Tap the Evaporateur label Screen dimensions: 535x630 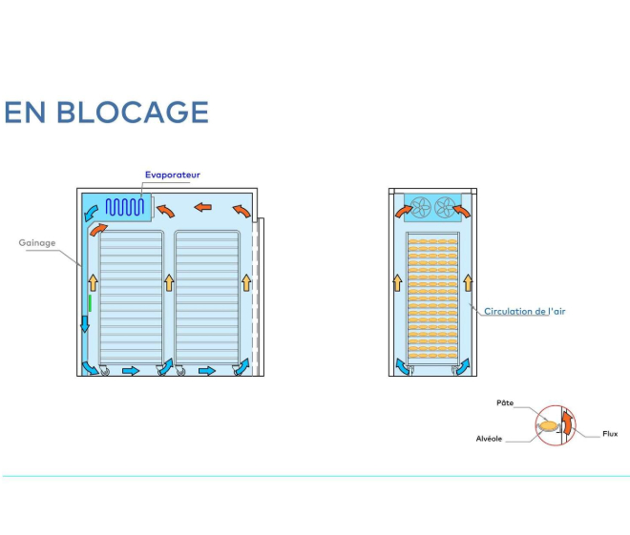click(x=173, y=175)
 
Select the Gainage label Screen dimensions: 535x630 click(x=37, y=242)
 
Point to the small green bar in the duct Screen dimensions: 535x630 click(x=89, y=303)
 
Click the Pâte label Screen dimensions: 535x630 click(x=505, y=403)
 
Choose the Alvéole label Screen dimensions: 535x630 click(x=490, y=439)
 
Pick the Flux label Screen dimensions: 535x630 click(x=610, y=434)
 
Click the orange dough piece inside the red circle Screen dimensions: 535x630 click(x=548, y=425)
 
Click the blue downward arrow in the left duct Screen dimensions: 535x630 click(x=85, y=323)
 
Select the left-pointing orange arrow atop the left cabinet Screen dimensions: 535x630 click(x=202, y=205)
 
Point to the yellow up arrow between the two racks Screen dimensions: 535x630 click(x=169, y=281)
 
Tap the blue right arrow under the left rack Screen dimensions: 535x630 click(x=132, y=370)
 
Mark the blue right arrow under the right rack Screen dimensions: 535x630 click(x=205, y=370)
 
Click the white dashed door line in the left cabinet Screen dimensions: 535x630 click(x=253, y=286)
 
